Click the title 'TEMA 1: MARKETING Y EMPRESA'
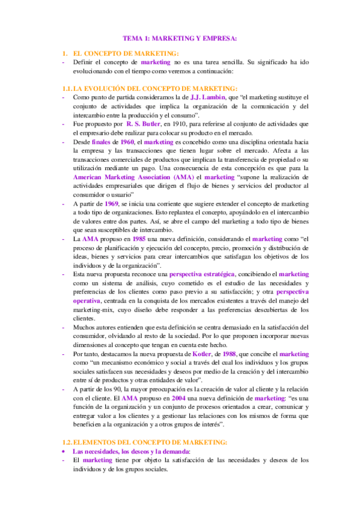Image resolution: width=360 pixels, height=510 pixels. pyautogui.click(x=185, y=38)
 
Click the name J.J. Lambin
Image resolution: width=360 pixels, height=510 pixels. pyautogui.click(x=207, y=97)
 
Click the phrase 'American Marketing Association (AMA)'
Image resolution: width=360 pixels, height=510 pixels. pyautogui.click(x=133, y=177)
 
